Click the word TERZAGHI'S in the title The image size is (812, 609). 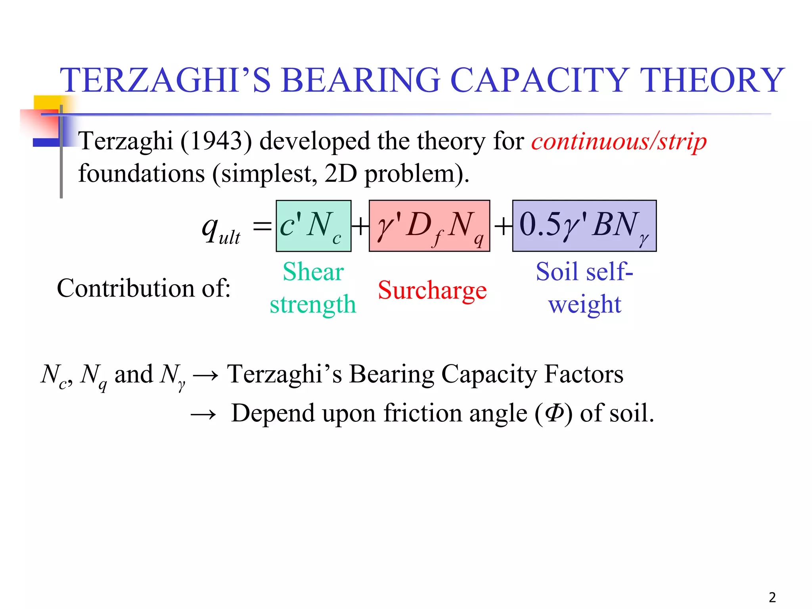point(165,80)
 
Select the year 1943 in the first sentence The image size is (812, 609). point(216,141)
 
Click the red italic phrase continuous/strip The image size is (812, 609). point(619,141)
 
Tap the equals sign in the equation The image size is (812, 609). point(262,227)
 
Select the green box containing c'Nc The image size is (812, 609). point(314,226)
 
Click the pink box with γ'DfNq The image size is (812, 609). point(429,226)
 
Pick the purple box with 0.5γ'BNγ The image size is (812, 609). point(584,226)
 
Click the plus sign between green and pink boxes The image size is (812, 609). point(360,227)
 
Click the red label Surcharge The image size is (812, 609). point(432,290)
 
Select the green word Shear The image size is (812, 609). point(313,272)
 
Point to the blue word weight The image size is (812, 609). point(584,304)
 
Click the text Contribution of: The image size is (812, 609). point(144,288)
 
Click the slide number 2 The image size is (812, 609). point(772,597)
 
